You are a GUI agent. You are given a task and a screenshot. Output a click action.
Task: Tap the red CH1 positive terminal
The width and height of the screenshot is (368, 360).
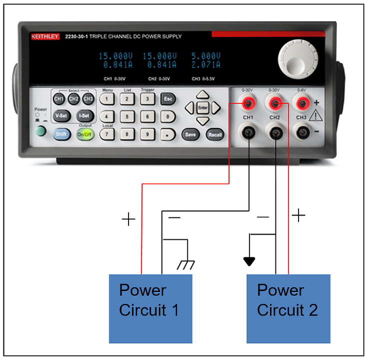coord(248,104)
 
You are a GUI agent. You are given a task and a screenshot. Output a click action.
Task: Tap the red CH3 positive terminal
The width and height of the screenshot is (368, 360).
coord(301,104)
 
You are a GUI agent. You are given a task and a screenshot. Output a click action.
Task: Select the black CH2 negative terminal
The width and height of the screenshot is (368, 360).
coord(275,133)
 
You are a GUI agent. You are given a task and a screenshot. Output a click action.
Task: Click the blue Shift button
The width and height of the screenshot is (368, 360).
coord(61,134)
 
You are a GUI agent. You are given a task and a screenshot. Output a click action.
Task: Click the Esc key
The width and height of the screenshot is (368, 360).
coord(168,99)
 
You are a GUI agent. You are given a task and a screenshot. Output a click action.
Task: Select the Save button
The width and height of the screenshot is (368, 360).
coord(190,134)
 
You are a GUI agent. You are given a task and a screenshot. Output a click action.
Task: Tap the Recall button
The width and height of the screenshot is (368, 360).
coord(215,134)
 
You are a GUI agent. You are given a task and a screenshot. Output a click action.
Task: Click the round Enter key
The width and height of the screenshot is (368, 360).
coord(202,107)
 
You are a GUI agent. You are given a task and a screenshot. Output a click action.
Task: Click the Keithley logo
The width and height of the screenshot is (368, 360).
coord(45,36)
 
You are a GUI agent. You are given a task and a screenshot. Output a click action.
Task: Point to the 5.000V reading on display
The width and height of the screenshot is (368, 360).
coord(205,56)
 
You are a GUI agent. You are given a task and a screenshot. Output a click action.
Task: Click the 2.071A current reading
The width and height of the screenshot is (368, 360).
coord(205,64)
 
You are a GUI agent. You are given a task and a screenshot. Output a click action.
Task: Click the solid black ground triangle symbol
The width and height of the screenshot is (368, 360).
coord(249,261)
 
